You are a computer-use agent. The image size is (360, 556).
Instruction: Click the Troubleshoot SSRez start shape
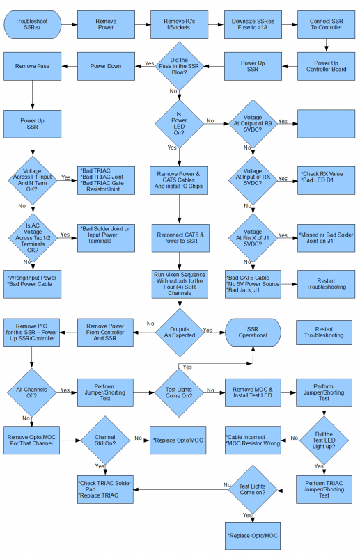click(x=32, y=24)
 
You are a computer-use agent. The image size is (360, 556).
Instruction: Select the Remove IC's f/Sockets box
click(x=179, y=24)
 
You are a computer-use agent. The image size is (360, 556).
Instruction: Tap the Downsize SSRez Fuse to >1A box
click(x=253, y=24)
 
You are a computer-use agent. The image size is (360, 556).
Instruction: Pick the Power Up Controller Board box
click(x=327, y=66)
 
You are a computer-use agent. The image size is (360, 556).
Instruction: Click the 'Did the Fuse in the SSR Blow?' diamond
click(x=179, y=66)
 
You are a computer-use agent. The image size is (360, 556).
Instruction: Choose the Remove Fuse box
click(x=32, y=66)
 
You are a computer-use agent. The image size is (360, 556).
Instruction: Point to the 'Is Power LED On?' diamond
click(x=179, y=124)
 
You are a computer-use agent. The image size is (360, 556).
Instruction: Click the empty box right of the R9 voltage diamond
click(x=327, y=124)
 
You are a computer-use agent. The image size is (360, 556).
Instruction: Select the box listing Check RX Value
click(x=327, y=180)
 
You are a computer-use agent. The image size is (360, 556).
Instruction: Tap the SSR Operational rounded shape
click(x=253, y=332)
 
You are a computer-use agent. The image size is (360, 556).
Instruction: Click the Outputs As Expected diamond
click(x=180, y=332)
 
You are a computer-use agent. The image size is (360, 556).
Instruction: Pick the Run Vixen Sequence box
click(x=180, y=284)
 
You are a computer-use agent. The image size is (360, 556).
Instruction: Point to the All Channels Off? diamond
click(x=32, y=392)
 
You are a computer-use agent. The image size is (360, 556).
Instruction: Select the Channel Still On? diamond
click(x=105, y=440)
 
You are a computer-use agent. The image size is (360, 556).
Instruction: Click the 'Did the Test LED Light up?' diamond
click(x=324, y=440)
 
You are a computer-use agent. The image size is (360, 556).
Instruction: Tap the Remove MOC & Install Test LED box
click(x=253, y=392)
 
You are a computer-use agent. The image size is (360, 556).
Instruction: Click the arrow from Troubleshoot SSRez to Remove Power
click(x=70, y=24)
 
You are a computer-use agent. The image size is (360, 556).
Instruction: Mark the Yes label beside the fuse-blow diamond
click(x=150, y=63)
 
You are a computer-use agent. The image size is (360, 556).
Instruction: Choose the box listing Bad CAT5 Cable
click(x=253, y=284)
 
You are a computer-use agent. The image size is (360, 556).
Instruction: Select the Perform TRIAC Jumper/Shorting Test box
click(x=324, y=489)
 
